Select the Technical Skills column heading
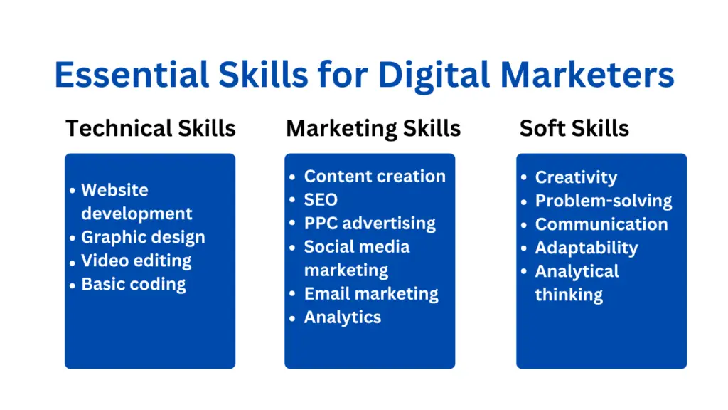pyautogui.click(x=150, y=129)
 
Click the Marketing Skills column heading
pyautogui.click(x=373, y=129)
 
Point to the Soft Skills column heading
pyautogui.click(x=574, y=129)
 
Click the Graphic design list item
pyautogui.click(x=143, y=238)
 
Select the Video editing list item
pyautogui.click(x=136, y=261)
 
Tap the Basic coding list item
pyautogui.click(x=134, y=285)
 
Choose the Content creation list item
pyautogui.click(x=375, y=177)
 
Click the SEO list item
pyautogui.click(x=321, y=200)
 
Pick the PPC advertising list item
pyautogui.click(x=370, y=224)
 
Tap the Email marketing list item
pyautogui.click(x=371, y=294)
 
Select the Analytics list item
pyautogui.click(x=343, y=317)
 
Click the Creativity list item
pyautogui.click(x=576, y=177)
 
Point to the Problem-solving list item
pyautogui.click(x=604, y=201)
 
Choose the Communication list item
pyautogui.click(x=601, y=224)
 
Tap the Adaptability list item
pyautogui.click(x=587, y=248)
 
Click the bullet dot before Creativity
pyautogui.click(x=525, y=178)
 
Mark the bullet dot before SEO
pyautogui.click(x=293, y=201)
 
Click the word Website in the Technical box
pyautogui.click(x=114, y=191)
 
